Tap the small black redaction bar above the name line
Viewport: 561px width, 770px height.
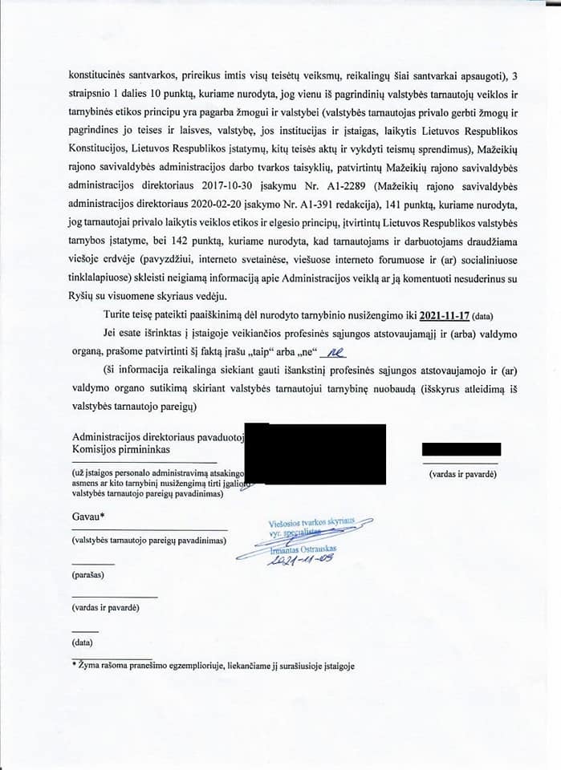coord(461,449)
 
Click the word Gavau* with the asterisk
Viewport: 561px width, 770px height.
coord(89,516)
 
